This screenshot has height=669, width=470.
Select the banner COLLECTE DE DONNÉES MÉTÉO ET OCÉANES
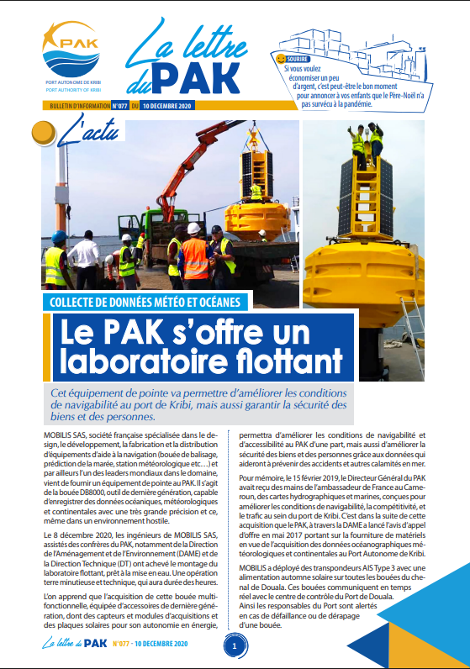pyautogui.click(x=147, y=301)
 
